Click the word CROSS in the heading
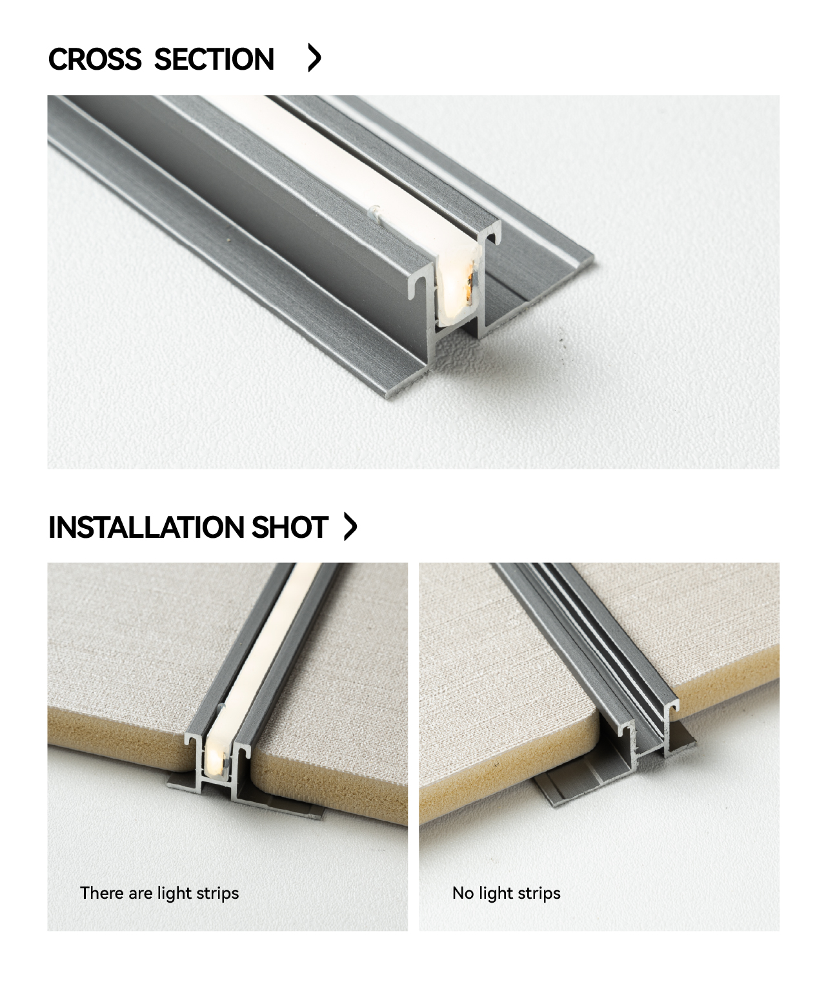coord(95,59)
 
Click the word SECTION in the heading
coord(214,59)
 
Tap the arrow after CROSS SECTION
coord(314,58)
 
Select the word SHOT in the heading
coord(290,527)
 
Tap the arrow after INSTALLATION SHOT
coord(351,526)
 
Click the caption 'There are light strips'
coord(159,894)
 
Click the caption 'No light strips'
coord(506,894)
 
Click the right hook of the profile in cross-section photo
coord(492,236)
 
